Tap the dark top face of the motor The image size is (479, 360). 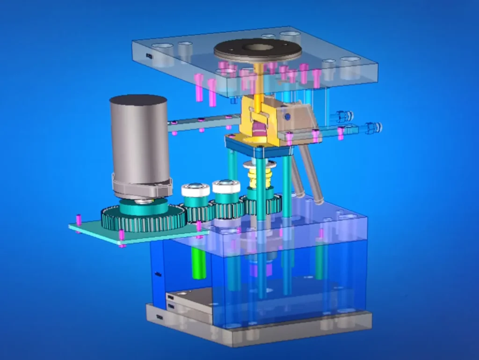(138, 100)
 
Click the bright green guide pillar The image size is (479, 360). (199, 262)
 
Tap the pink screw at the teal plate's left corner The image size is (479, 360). (79, 219)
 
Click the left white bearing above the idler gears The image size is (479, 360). (195, 190)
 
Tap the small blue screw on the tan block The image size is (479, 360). (288, 116)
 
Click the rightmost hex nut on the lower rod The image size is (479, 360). (374, 127)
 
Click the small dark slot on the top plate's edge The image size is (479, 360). (149, 56)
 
